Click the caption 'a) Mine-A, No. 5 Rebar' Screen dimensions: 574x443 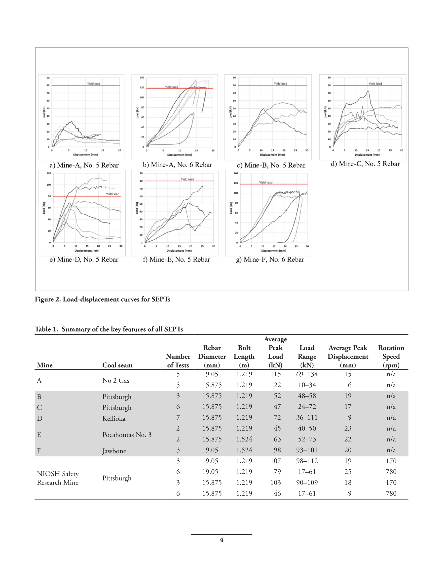(84, 165)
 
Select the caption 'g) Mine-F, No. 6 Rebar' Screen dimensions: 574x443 (270, 260)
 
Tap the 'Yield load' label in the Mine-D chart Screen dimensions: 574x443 (112, 194)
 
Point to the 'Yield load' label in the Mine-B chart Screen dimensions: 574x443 (280, 84)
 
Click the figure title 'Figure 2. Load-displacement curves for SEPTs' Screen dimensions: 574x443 (102, 299)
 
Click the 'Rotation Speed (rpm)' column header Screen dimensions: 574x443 (391, 356)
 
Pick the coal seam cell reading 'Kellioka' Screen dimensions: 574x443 (114, 418)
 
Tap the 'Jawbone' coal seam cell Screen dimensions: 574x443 (114, 451)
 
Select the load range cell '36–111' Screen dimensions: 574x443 (307, 417)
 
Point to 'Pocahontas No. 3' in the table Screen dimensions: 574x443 (127, 435)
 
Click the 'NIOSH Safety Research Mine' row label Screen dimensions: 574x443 (58, 478)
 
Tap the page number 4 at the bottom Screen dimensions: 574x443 (221, 540)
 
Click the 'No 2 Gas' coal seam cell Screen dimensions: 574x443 (115, 381)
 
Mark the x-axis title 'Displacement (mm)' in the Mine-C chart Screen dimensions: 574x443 (367, 155)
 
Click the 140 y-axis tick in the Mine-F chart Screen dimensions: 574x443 (236, 173)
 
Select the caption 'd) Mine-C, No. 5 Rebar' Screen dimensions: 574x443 (365, 164)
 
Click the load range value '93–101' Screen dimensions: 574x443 (307, 450)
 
